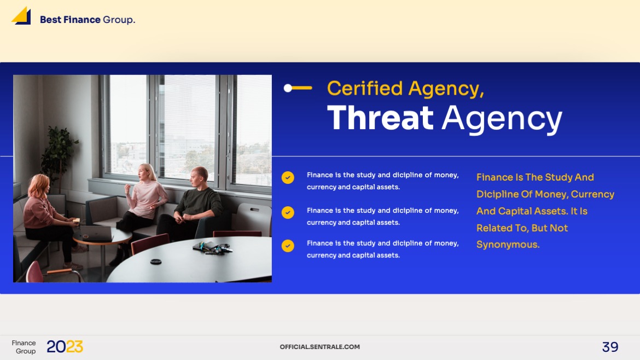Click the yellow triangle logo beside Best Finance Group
point(21,15)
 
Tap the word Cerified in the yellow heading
point(365,88)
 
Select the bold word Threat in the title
point(380,118)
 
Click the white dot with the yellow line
point(288,88)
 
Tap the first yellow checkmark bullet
point(288,177)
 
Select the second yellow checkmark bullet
point(288,212)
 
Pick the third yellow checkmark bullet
point(288,246)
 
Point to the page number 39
point(610,347)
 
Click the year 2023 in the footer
point(65,347)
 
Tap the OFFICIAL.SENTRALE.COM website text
point(319,347)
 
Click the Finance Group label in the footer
point(24,347)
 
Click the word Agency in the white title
point(502,118)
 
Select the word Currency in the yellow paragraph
point(592,194)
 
